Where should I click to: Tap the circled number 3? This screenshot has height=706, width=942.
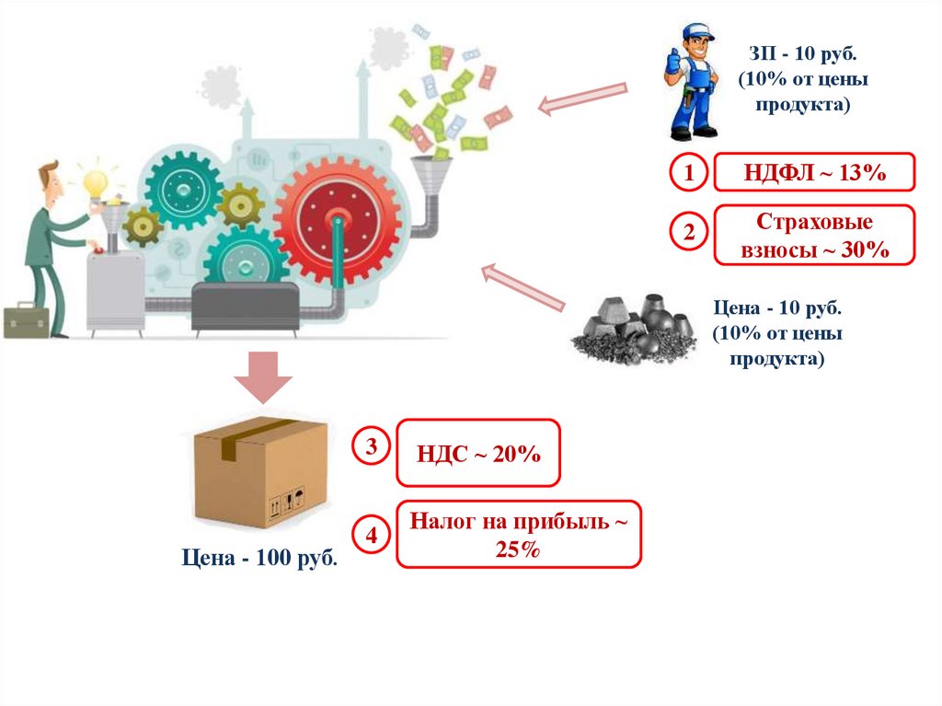tap(371, 448)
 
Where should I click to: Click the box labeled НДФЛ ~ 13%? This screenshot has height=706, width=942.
tap(815, 173)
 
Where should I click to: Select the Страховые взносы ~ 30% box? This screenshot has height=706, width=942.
tap(815, 236)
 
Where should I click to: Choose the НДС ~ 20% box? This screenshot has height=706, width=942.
tap(478, 453)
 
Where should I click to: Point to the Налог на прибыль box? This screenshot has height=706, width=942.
tap(519, 535)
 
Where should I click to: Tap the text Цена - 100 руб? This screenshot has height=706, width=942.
tap(258, 559)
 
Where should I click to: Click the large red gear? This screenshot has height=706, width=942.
tap(337, 220)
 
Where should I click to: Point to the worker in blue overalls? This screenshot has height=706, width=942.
tap(691, 82)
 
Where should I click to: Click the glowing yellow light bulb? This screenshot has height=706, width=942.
tap(96, 182)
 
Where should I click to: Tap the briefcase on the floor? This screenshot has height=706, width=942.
tap(26, 319)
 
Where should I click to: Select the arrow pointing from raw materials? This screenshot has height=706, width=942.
tap(523, 286)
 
